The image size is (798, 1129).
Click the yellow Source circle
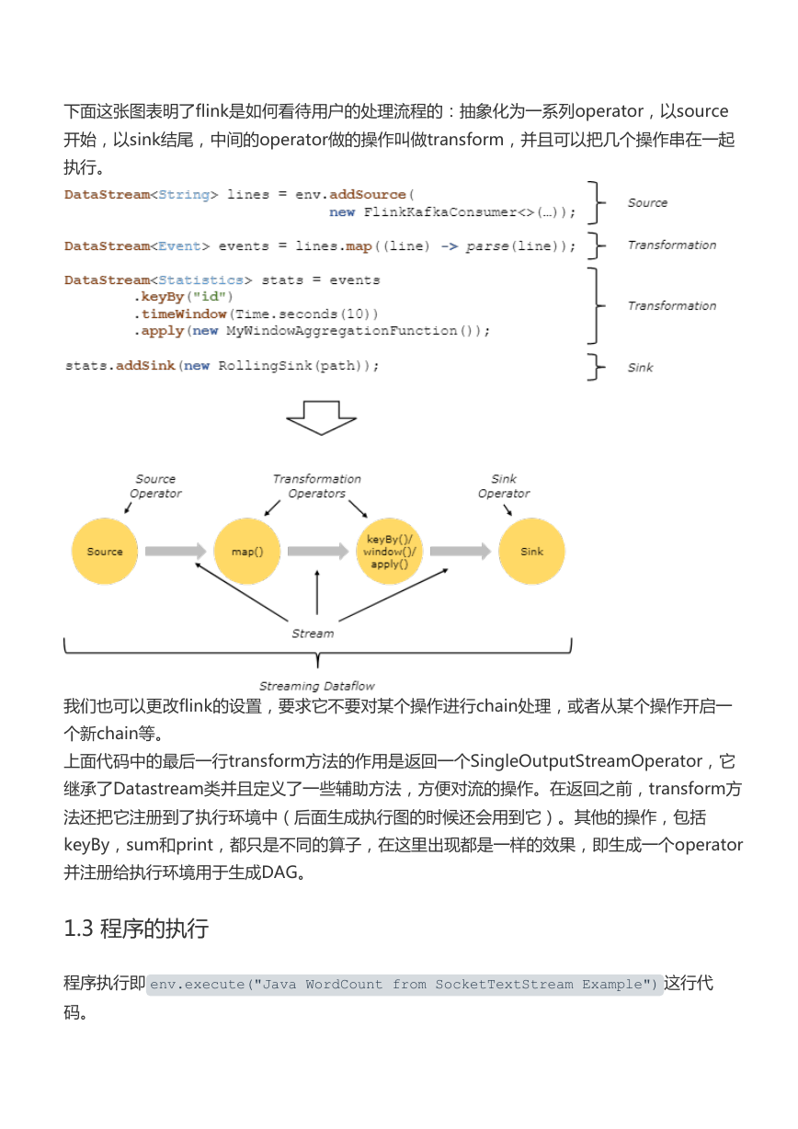point(105,551)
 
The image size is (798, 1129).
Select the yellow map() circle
point(247,551)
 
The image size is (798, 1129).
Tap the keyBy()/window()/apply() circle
point(389,551)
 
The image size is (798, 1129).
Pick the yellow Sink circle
point(531,551)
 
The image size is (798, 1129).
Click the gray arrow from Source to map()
point(176,551)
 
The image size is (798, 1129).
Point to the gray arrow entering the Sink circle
point(461,551)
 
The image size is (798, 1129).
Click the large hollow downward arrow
point(321,417)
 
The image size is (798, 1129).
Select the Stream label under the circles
point(313,633)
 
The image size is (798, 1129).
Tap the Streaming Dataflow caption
point(316,686)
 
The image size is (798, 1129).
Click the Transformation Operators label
point(316,485)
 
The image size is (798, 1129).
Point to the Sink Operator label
point(504,485)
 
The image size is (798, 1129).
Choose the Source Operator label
point(155,485)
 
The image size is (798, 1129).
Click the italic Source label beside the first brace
point(647,202)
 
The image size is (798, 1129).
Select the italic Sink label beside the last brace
point(640,368)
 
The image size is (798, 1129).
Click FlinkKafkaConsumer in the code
point(439,212)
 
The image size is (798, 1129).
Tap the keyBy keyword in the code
point(163,297)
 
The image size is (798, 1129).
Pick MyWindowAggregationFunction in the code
point(341,331)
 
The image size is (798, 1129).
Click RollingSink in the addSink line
point(265,365)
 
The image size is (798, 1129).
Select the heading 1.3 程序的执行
point(136,929)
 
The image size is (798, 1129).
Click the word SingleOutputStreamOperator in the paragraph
point(587,761)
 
